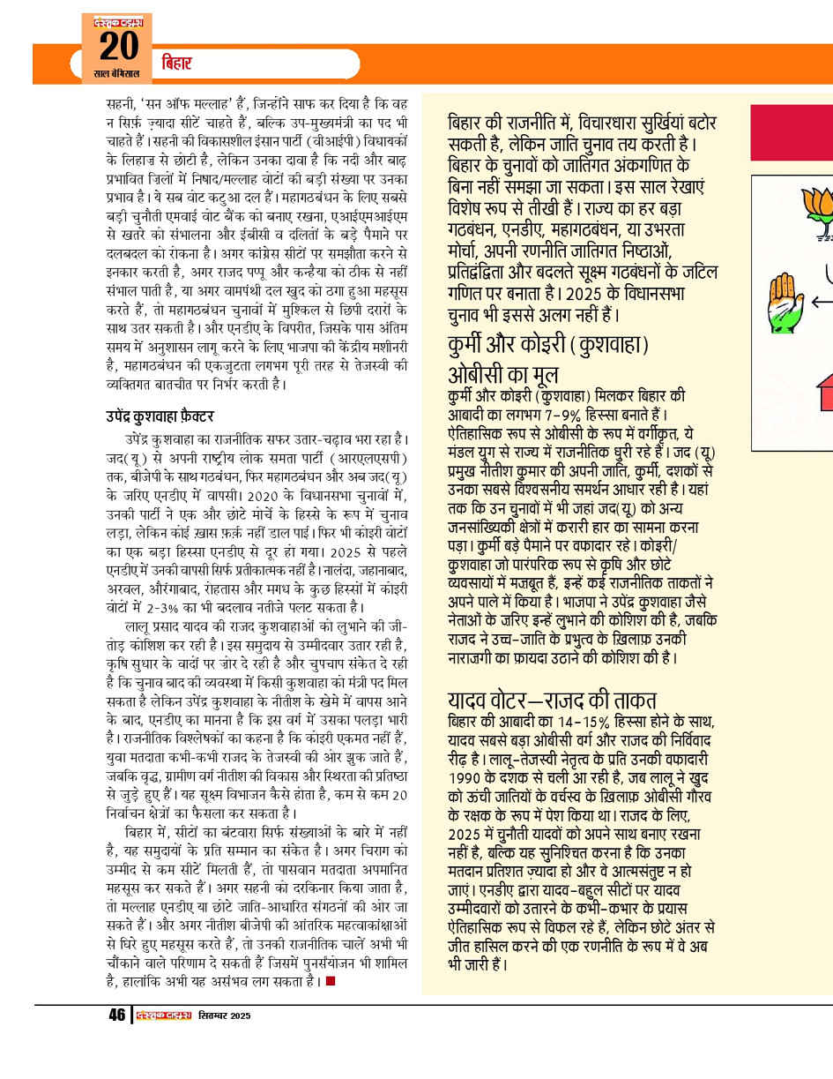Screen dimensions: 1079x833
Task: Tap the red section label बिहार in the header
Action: tap(176, 64)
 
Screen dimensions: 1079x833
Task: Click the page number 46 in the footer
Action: tap(116, 1015)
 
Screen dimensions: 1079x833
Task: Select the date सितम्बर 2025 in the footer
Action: tap(224, 1015)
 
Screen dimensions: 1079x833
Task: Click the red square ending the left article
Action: tap(330, 980)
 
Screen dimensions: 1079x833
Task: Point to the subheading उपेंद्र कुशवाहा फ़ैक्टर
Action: tap(157, 416)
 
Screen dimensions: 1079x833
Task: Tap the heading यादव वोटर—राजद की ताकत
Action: tap(552, 701)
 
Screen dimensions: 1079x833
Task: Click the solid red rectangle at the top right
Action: tap(791, 132)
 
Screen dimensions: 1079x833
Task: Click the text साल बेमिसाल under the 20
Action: tap(115, 74)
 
